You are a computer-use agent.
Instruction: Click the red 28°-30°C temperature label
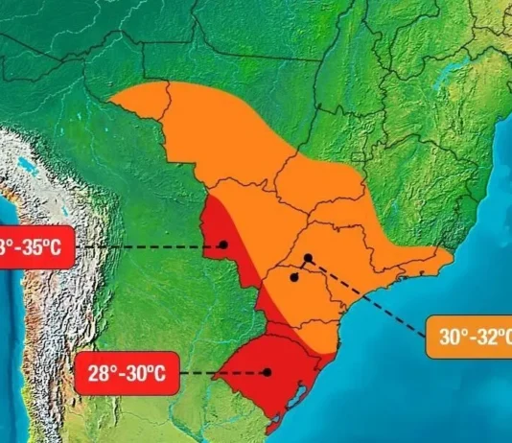click(126, 373)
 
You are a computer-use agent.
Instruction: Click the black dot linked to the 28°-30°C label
click(268, 372)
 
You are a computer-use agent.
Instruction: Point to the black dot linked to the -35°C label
click(223, 244)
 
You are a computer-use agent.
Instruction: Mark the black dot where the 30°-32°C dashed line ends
click(308, 257)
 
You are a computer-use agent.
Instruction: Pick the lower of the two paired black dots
click(294, 277)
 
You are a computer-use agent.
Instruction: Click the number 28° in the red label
click(100, 373)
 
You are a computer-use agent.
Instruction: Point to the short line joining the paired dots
click(301, 268)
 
